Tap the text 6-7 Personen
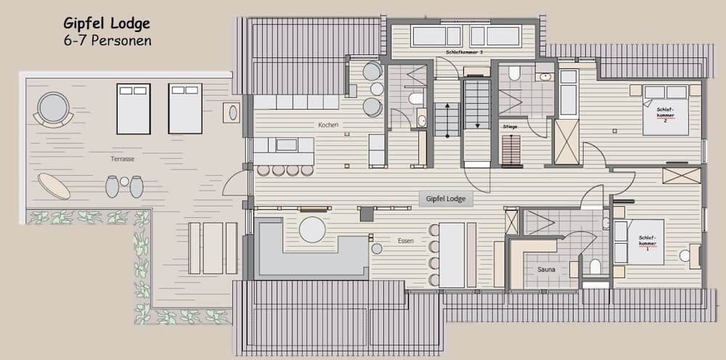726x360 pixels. (107, 41)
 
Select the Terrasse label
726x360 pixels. (122, 158)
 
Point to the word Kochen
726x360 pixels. (328, 125)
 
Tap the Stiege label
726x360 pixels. (510, 126)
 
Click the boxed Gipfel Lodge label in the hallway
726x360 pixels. (446, 198)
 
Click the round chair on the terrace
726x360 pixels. (53, 108)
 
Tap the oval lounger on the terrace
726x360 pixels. (54, 185)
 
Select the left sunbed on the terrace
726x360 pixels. (133, 109)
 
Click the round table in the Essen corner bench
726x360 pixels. (312, 229)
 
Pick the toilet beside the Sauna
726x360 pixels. (595, 267)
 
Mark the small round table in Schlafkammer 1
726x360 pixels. (684, 255)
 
